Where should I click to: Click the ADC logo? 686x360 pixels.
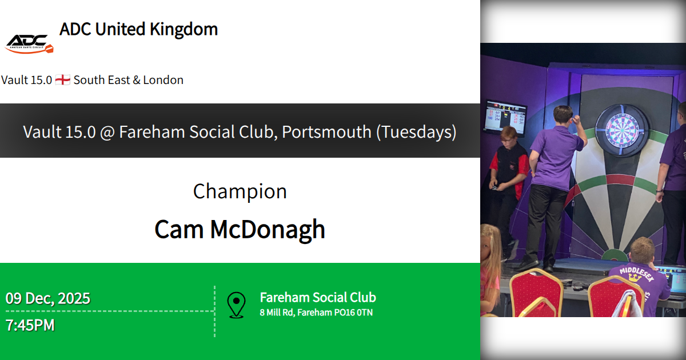point(29,44)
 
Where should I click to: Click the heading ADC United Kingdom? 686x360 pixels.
point(138,29)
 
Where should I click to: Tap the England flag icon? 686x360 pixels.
point(63,80)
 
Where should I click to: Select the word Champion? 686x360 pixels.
point(240,191)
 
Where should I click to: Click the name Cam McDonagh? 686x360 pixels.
point(240,229)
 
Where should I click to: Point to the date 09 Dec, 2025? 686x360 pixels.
point(48,298)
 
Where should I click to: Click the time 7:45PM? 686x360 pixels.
point(30,325)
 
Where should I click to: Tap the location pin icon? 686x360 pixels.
point(236,305)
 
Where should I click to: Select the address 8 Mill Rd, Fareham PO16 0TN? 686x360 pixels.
point(316,313)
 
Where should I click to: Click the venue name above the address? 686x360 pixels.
point(318,297)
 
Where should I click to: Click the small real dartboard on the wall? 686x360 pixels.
point(622,130)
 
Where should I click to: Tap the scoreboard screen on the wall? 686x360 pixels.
point(506,117)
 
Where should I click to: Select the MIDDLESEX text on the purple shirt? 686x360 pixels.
point(636,274)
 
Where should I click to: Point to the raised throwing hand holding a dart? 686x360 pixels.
point(577,119)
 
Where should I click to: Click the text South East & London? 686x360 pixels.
point(128,80)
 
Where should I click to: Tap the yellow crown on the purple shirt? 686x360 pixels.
point(635,278)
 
